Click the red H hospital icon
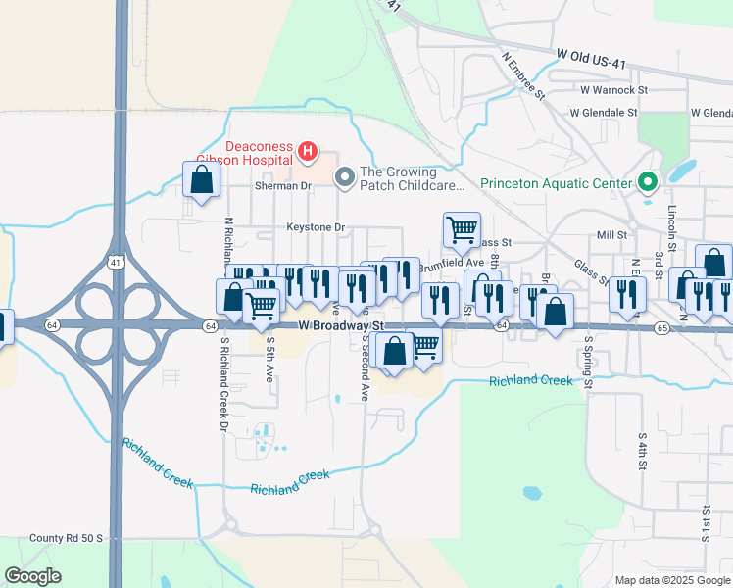pyautogui.click(x=308, y=151)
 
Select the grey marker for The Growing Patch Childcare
pyautogui.click(x=344, y=177)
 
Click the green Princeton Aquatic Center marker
pyautogui.click(x=647, y=182)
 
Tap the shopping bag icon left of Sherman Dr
pyautogui.click(x=201, y=180)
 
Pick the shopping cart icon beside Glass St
pyautogui.click(x=462, y=231)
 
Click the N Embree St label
pyautogui.click(x=524, y=75)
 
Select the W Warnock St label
pyautogui.click(x=614, y=89)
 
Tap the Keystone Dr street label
pyautogui.click(x=317, y=227)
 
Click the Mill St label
pyautogui.click(x=611, y=235)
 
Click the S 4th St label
pyautogui.click(x=643, y=452)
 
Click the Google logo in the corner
pyautogui.click(x=32, y=576)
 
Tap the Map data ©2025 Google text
pyautogui.click(x=670, y=580)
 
